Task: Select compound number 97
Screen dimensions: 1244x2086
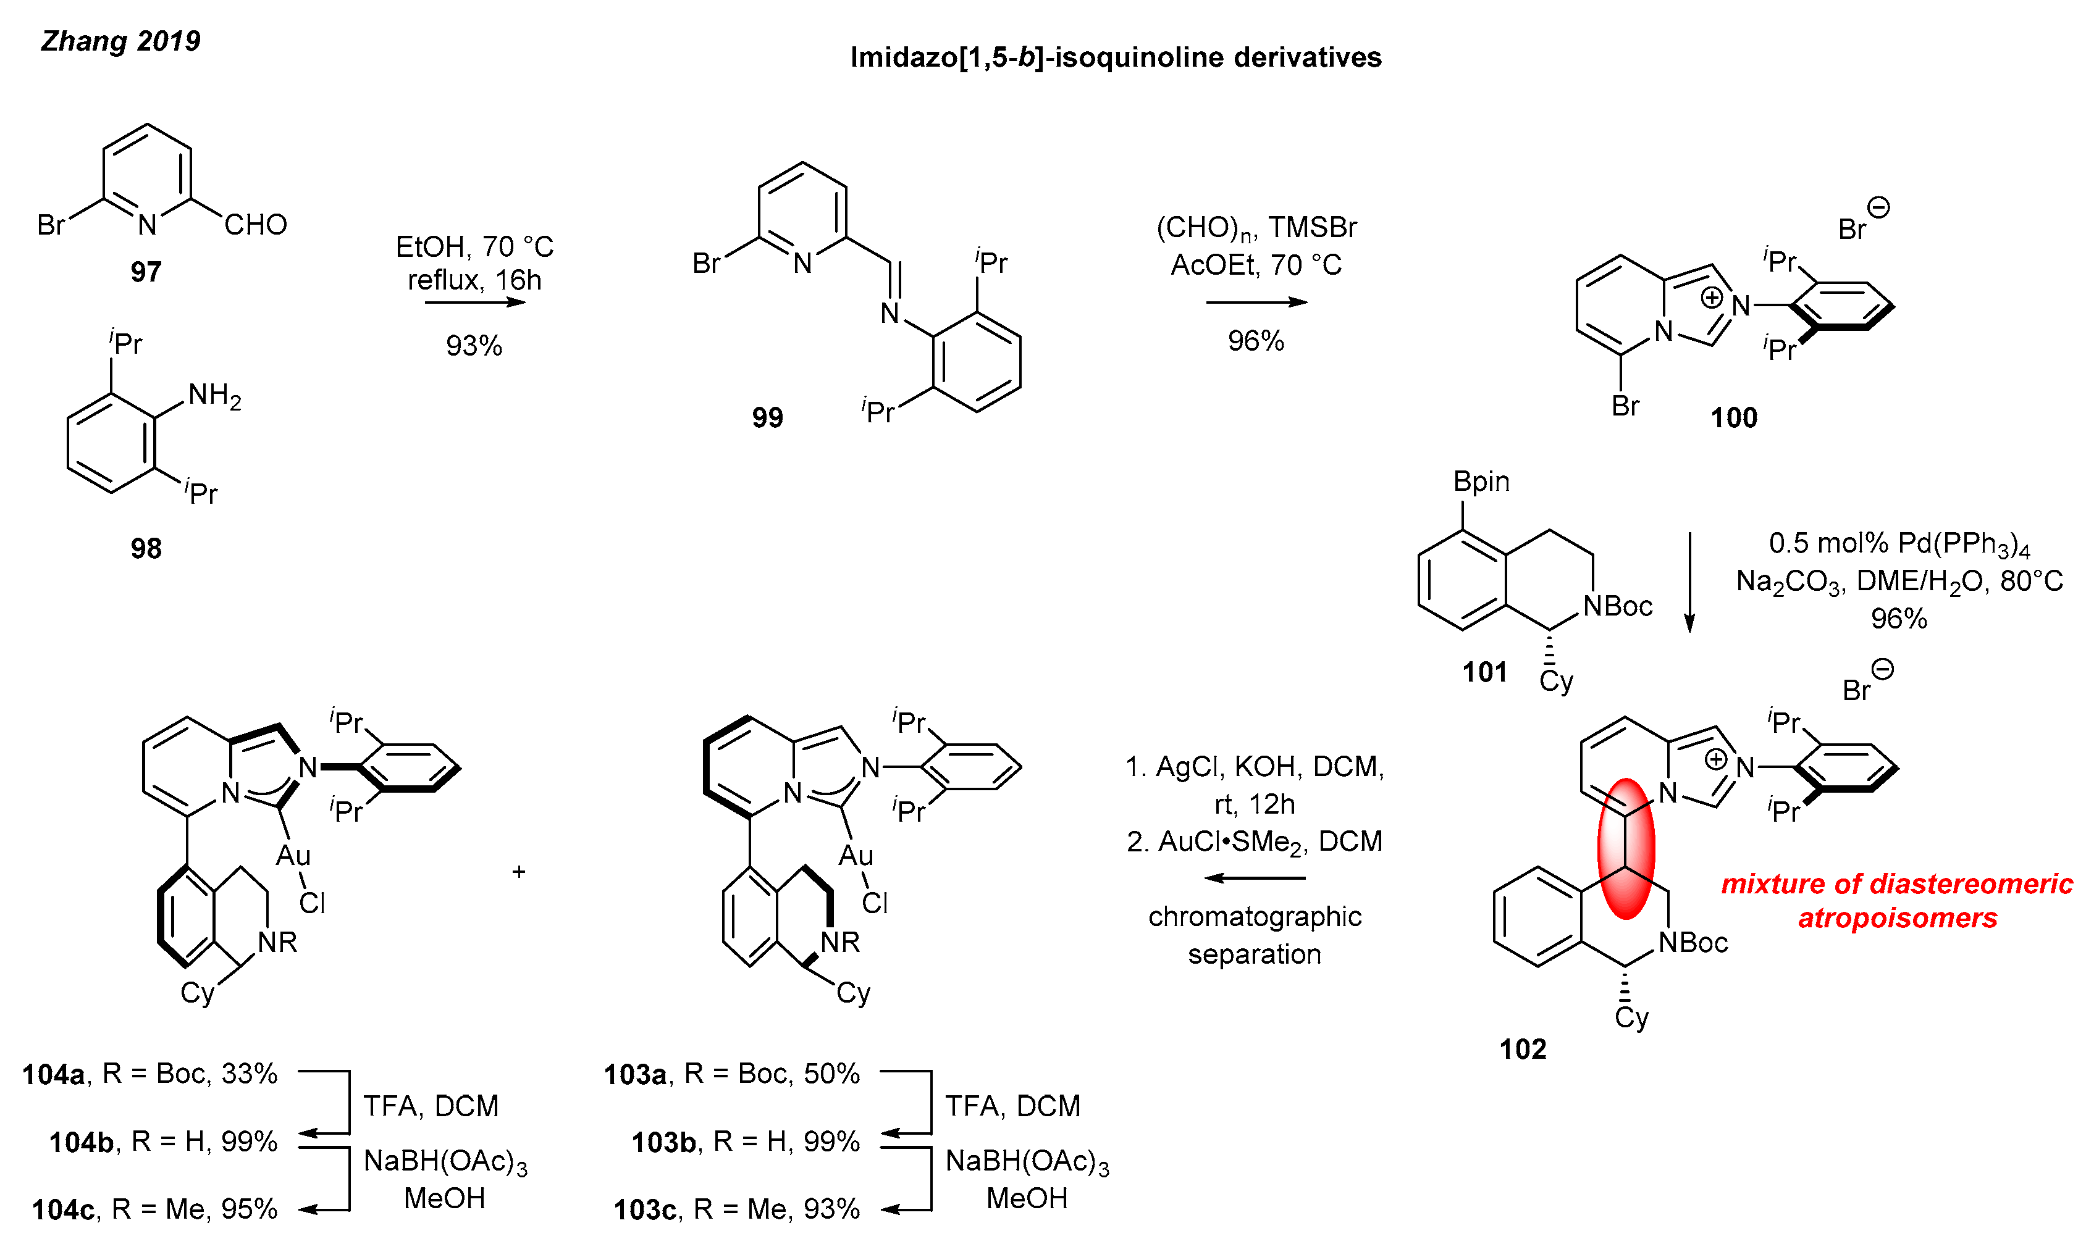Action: pyautogui.click(x=146, y=272)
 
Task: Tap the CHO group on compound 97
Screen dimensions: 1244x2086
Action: pyautogui.click(x=256, y=225)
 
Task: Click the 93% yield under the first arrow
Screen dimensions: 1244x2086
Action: pyautogui.click(x=474, y=345)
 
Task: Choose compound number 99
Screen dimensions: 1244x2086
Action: pyautogui.click(x=767, y=417)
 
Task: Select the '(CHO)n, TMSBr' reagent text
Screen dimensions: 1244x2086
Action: pyautogui.click(x=1256, y=227)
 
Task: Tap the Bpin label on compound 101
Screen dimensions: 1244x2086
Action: pyautogui.click(x=1481, y=481)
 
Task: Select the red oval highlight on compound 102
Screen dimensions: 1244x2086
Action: pyautogui.click(x=1626, y=848)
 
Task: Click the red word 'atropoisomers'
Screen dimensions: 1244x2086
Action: pyautogui.click(x=1897, y=918)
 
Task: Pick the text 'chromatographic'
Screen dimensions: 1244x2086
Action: pyautogui.click(x=1255, y=916)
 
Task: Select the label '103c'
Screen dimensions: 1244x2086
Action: pyautogui.click(x=644, y=1209)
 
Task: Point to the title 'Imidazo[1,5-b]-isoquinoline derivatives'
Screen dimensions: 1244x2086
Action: pyautogui.click(x=1116, y=57)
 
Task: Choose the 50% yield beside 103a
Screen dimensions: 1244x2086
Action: pyautogui.click(x=832, y=1073)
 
